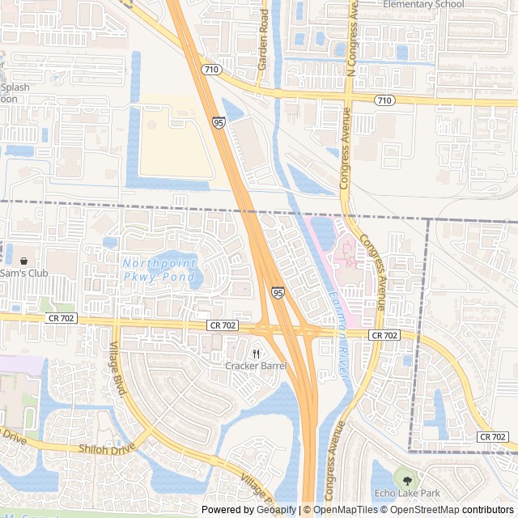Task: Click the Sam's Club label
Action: (24, 273)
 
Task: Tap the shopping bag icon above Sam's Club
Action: (23, 261)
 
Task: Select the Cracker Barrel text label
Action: (256, 366)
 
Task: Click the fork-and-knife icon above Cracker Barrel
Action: (257, 353)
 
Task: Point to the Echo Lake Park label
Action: (406, 493)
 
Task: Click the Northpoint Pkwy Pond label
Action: (159, 270)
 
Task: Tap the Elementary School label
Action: (423, 4)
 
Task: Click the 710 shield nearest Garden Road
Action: (211, 70)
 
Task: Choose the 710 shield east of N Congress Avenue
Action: (384, 100)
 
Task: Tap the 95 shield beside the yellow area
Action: (219, 122)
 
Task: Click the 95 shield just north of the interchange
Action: (278, 291)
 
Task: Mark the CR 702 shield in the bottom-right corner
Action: (492, 436)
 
